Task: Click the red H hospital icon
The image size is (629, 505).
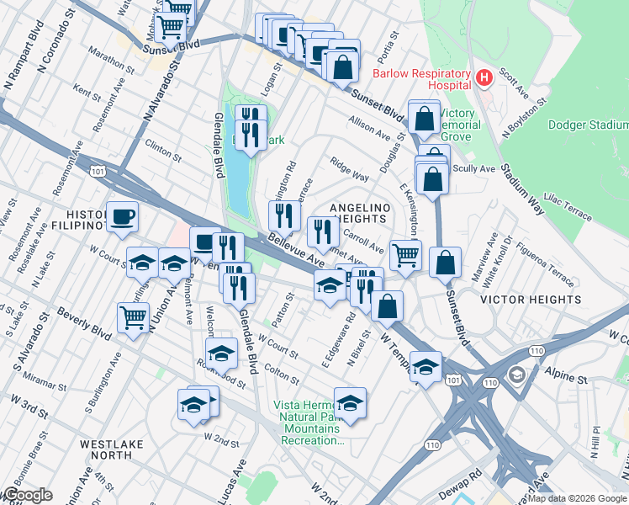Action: point(484,79)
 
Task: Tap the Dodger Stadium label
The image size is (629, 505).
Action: point(588,125)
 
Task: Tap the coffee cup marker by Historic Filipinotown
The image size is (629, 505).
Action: point(122,216)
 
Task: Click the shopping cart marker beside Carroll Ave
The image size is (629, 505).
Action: point(405,253)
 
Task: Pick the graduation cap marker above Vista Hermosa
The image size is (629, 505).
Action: point(351,402)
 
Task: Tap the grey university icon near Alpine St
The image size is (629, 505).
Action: point(515,373)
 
